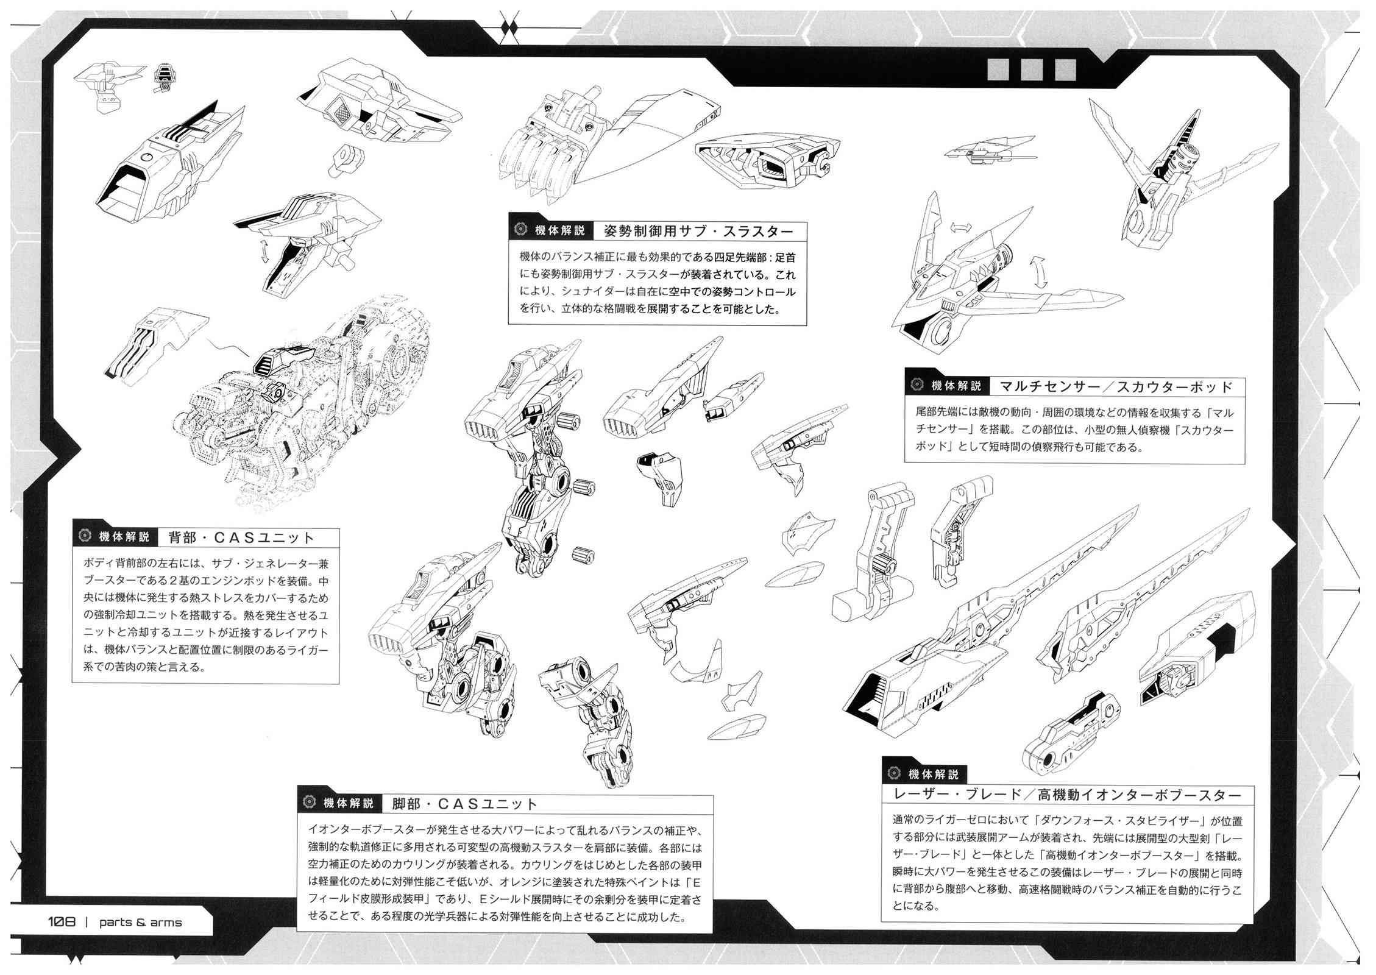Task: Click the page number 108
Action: click(62, 922)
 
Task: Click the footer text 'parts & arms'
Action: click(141, 923)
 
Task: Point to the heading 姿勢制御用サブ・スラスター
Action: click(699, 232)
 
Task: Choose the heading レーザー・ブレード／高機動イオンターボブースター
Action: click(1067, 795)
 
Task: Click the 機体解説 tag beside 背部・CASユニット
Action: click(124, 537)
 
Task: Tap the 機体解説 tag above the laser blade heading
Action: click(934, 774)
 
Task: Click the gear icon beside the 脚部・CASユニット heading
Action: click(309, 802)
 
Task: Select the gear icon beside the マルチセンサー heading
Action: click(917, 385)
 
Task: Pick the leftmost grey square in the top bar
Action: click(998, 69)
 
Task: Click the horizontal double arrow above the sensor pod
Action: click(961, 227)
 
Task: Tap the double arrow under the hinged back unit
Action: click(264, 251)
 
